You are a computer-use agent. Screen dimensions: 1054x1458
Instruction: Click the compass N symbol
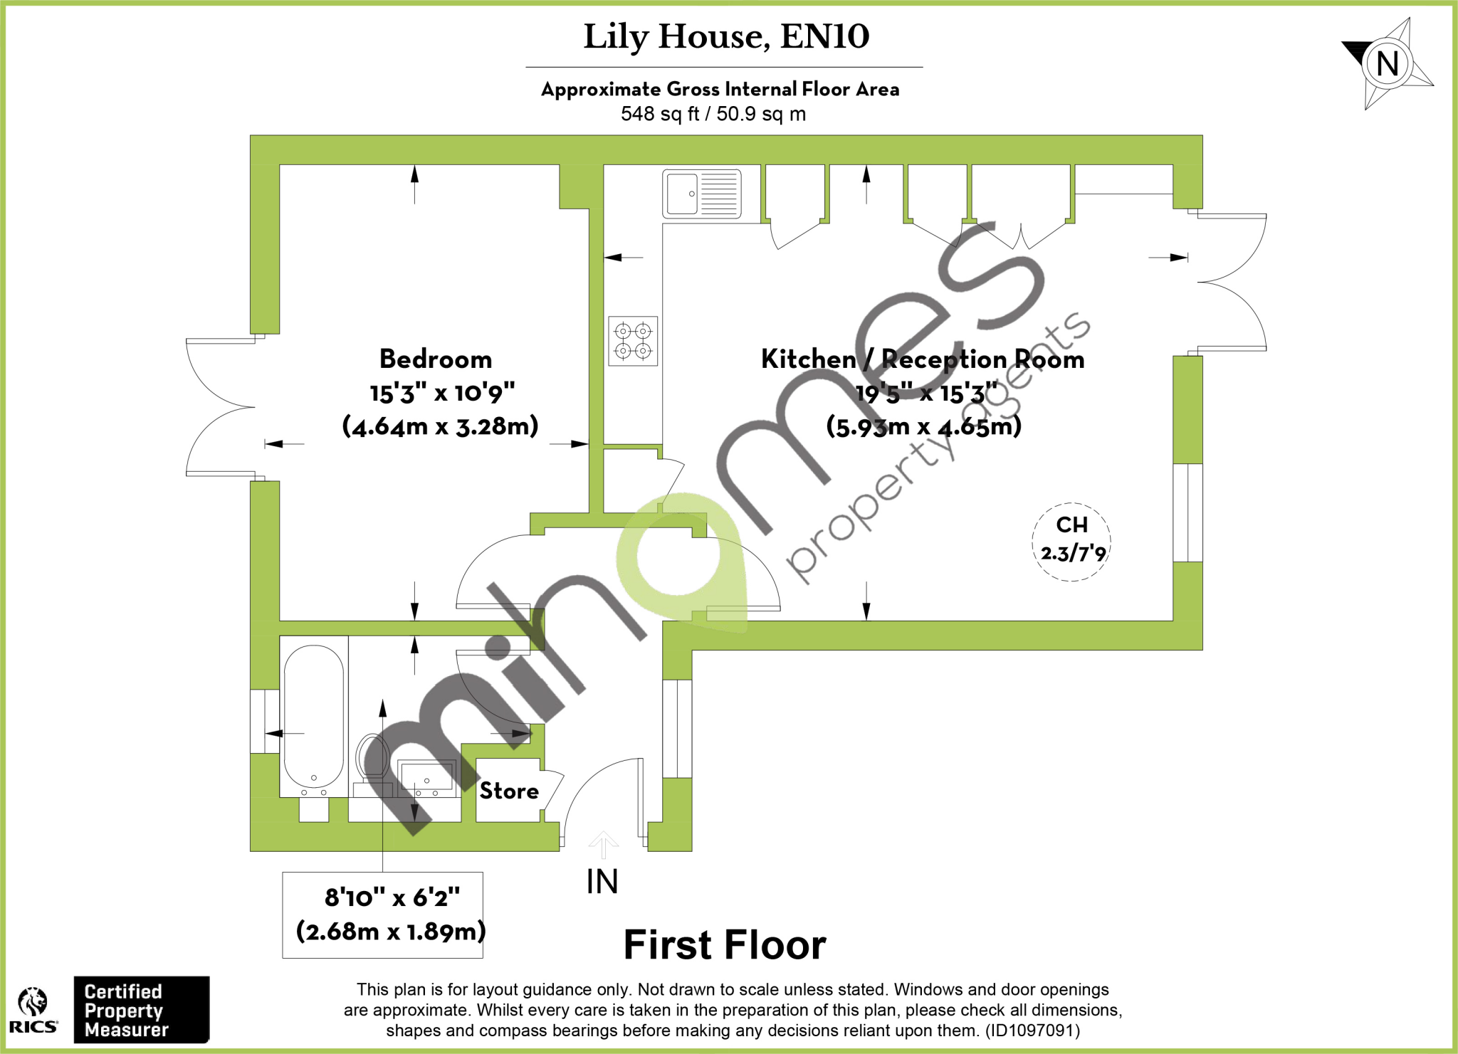point(1387,64)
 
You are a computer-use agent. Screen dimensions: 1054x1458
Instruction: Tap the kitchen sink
point(701,193)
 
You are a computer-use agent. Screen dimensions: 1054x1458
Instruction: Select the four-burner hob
point(633,341)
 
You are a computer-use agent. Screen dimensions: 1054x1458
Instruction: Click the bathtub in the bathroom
point(314,715)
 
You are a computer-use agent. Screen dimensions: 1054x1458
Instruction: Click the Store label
point(509,791)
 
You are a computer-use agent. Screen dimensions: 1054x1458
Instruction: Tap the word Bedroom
point(436,359)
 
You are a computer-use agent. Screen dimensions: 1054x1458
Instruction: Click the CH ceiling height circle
point(1071,541)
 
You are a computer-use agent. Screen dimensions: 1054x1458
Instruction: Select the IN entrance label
point(602,882)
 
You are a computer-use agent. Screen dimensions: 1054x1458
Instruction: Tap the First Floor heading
point(725,945)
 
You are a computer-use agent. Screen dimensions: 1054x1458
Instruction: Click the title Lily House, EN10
point(726,37)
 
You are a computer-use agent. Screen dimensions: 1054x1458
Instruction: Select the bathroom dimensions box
point(383,915)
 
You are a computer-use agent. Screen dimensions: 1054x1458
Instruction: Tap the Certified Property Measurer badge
point(141,1010)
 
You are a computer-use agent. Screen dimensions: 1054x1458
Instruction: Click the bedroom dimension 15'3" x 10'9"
point(442,393)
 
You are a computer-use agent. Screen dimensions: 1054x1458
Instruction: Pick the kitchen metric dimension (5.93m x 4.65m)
point(923,426)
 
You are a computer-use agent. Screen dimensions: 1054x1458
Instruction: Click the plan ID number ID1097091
point(1032,1031)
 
